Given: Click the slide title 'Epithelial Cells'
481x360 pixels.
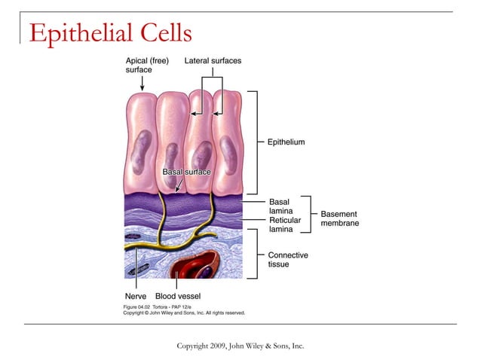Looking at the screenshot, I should tap(110, 32).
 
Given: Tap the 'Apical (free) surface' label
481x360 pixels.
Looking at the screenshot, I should tap(146, 65).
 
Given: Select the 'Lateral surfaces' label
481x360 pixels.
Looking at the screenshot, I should tap(213, 60).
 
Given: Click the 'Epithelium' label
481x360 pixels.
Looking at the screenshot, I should tap(286, 142).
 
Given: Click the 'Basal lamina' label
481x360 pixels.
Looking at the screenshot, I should tap(280, 208).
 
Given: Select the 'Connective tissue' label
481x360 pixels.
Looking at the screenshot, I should tap(288, 260).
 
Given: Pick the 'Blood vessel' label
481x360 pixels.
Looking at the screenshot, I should tap(177, 296).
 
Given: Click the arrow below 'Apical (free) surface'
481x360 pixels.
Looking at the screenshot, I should tap(142, 83).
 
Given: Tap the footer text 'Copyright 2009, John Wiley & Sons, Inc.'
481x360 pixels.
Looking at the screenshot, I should tap(240, 346).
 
